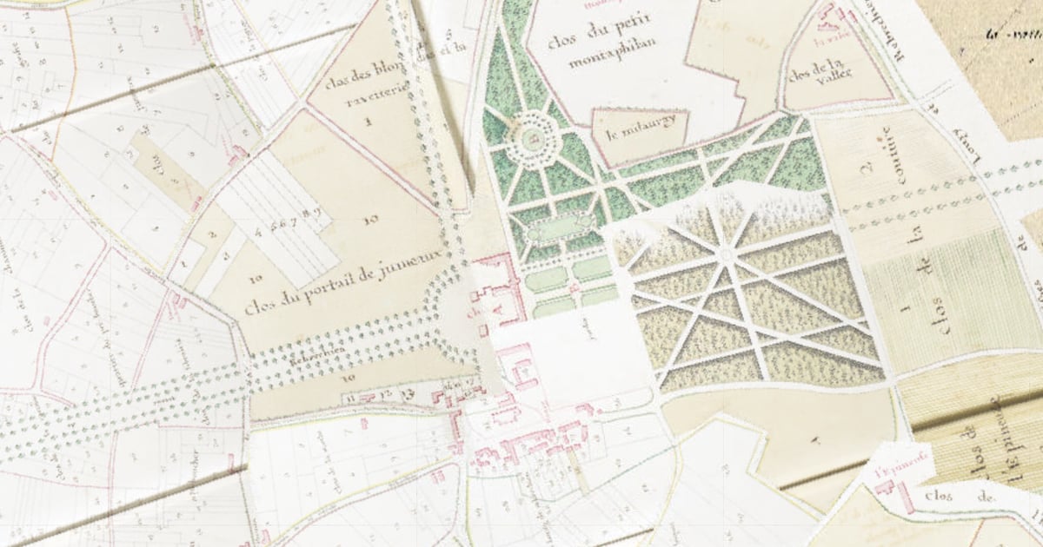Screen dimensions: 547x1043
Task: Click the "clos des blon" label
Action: (x=355, y=84)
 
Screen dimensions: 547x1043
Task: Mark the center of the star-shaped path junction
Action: (x=726, y=254)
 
